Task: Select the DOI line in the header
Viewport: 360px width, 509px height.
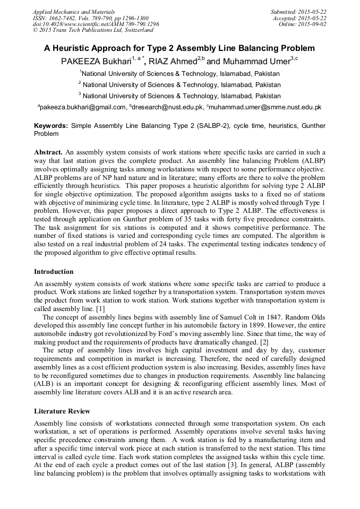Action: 96,24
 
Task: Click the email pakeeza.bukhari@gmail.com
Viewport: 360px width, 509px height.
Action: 83,107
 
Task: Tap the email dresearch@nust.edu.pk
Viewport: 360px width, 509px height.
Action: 168,107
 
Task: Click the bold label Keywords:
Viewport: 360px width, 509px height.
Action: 51,126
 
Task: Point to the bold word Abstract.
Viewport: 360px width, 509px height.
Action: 48,151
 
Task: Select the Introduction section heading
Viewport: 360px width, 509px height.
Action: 54,272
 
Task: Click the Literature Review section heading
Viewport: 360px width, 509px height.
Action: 62,411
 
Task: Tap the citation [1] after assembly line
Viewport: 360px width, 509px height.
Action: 100,309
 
